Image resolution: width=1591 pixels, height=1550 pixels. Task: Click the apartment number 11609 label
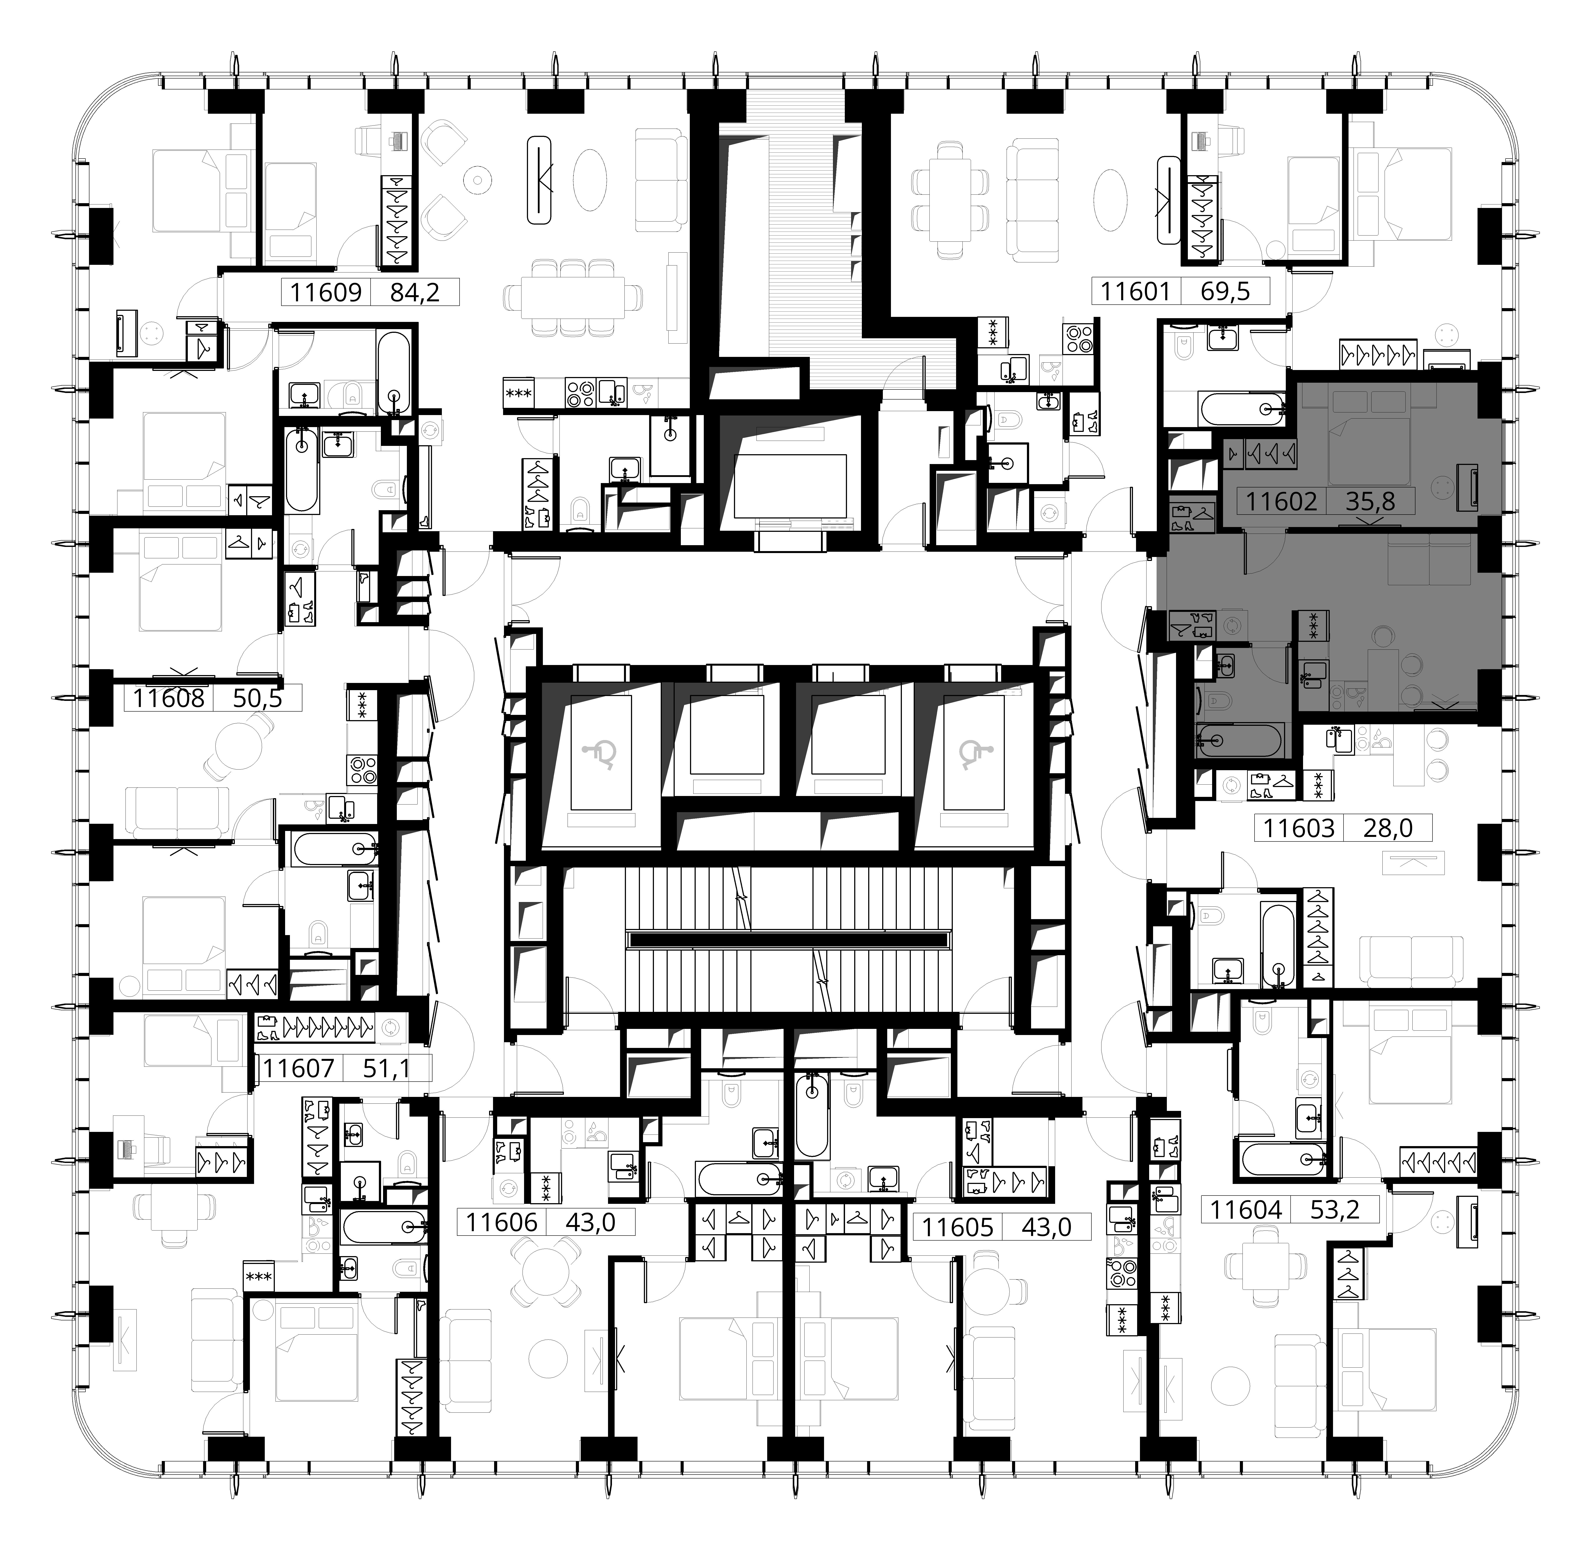pyautogui.click(x=326, y=291)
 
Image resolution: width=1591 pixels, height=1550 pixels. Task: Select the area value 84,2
pyautogui.click(x=415, y=291)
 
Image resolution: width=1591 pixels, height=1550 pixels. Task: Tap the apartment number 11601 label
pyautogui.click(x=1135, y=291)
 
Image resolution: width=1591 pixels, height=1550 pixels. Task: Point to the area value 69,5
pyautogui.click(x=1225, y=291)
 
